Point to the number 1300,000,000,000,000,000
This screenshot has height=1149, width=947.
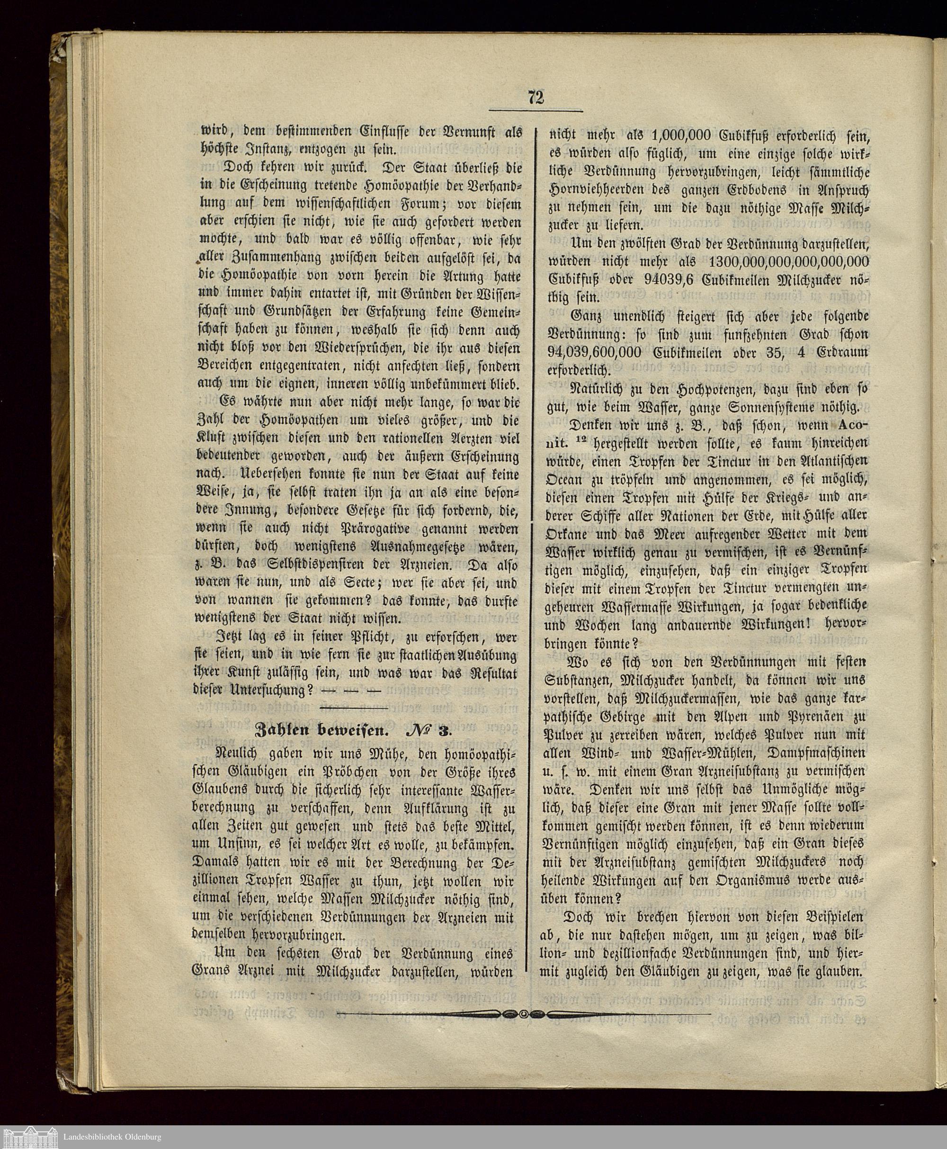click(x=785, y=261)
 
